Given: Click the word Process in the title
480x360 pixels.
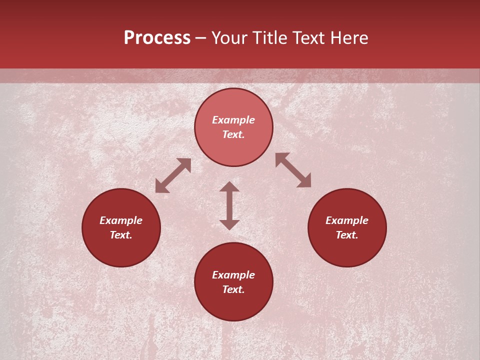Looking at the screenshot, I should click(x=157, y=38).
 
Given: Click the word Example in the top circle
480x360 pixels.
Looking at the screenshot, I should click(x=233, y=120).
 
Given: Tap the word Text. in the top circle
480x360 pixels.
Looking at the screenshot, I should click(x=233, y=134).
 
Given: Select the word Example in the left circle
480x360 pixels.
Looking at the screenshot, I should click(x=121, y=220).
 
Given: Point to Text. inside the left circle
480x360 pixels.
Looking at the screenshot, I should click(x=121, y=235).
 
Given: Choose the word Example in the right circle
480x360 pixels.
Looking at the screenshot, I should click(x=347, y=220).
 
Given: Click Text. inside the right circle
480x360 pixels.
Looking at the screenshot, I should click(x=347, y=235).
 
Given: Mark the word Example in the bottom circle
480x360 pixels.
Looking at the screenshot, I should click(x=233, y=275).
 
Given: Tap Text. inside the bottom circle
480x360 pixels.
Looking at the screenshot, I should click(x=233, y=289).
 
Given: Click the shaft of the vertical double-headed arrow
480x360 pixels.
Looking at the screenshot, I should click(x=229, y=205).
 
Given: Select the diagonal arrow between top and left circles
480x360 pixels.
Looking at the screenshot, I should click(x=173, y=175).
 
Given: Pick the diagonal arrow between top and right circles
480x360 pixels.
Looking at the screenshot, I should click(x=293, y=170).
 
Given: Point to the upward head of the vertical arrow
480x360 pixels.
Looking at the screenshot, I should click(x=229, y=186).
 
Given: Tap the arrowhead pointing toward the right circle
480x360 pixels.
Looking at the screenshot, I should click(x=305, y=181).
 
